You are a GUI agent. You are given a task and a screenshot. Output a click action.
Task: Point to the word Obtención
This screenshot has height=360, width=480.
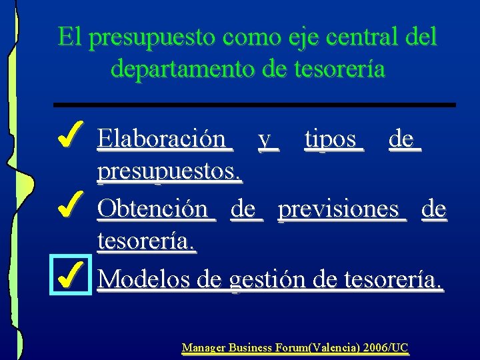coord(154,209)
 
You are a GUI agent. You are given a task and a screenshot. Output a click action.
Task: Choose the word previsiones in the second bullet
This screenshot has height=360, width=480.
coord(341,209)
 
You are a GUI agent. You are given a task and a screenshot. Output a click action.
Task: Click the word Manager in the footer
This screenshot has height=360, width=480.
coord(204,347)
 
